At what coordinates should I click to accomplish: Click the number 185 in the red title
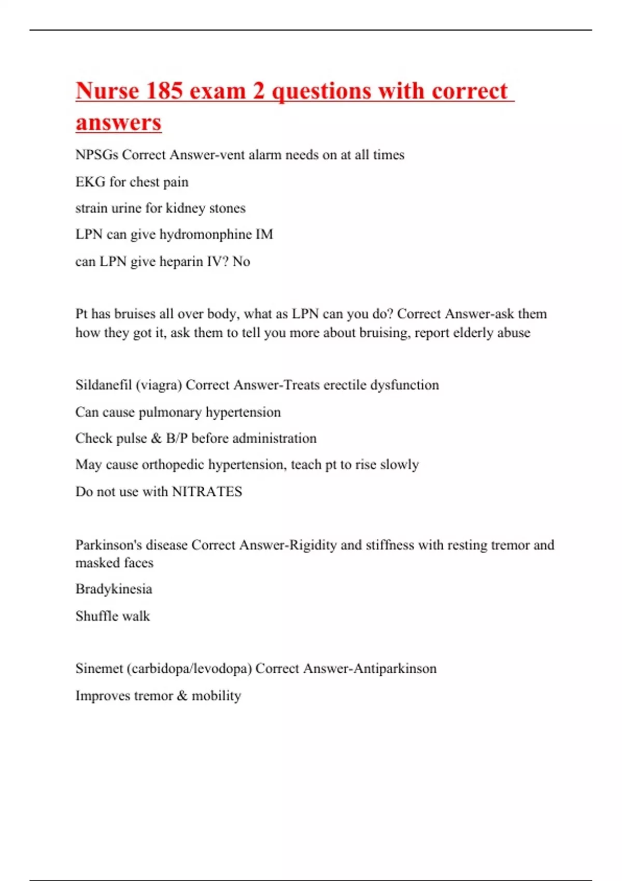pyautogui.click(x=164, y=91)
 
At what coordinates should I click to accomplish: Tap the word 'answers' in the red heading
pyautogui.click(x=119, y=123)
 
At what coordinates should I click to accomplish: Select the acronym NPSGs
pyautogui.click(x=97, y=155)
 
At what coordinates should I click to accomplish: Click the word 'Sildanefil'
pyautogui.click(x=103, y=385)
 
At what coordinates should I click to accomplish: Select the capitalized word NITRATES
pyautogui.click(x=207, y=492)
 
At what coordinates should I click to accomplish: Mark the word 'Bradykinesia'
pyautogui.click(x=114, y=589)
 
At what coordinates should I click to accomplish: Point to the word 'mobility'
pyautogui.click(x=216, y=696)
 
